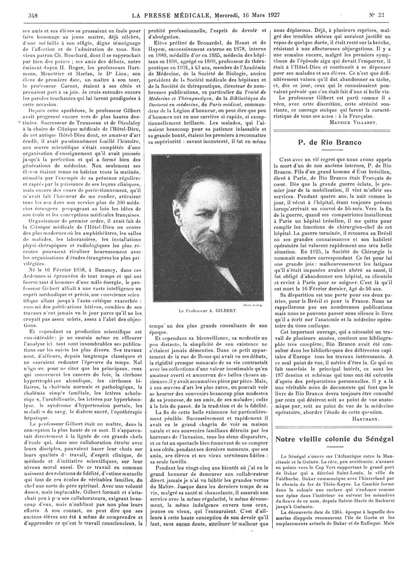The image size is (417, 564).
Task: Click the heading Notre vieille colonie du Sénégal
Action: (334, 439)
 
